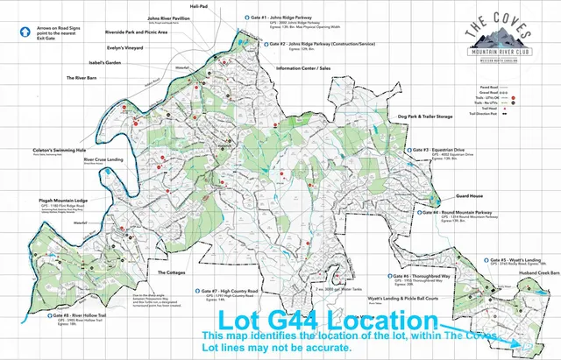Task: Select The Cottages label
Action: (x=171, y=272)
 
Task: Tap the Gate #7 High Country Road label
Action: (x=226, y=291)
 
